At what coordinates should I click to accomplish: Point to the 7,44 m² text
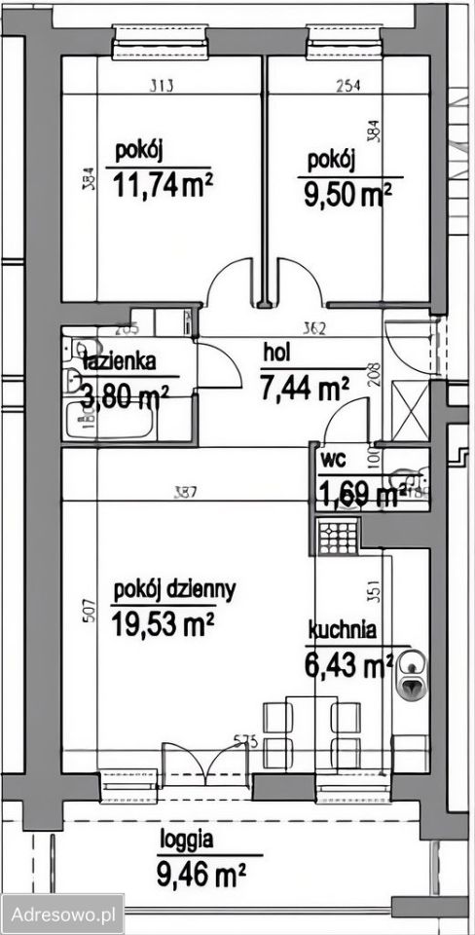point(305,389)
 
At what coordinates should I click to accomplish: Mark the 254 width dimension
point(347,86)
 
